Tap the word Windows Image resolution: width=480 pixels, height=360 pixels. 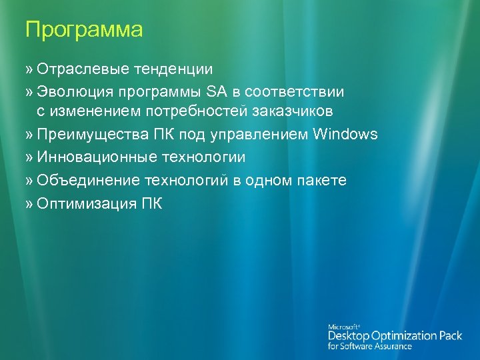point(345,135)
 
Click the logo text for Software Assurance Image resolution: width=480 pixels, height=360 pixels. point(369,347)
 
